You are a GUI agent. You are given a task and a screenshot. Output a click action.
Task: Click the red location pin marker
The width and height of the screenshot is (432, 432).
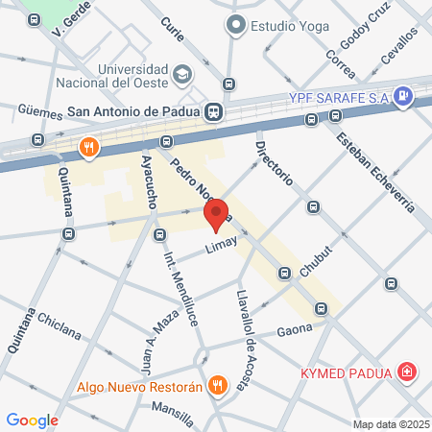point(217,214)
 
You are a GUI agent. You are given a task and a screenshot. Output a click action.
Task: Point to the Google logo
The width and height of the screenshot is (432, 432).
point(32,420)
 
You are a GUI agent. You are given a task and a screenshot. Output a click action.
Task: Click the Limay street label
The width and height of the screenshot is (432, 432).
point(221,248)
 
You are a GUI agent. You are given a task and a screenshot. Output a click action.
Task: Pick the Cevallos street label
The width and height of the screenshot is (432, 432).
point(399,45)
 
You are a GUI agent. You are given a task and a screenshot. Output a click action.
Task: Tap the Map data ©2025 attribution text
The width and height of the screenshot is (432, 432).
point(389,424)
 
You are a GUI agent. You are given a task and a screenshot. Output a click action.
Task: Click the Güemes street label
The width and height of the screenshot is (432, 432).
point(40,111)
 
